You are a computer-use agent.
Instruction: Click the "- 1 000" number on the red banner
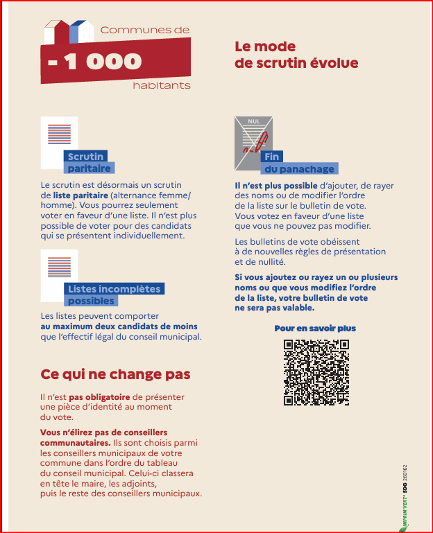[x=95, y=62]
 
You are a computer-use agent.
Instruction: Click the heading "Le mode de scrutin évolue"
[x=296, y=55]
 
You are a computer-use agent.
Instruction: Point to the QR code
[x=316, y=372]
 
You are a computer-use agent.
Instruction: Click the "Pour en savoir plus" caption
[x=315, y=328]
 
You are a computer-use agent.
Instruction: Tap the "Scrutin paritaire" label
[x=88, y=162]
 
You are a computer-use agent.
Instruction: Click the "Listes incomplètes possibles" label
[x=113, y=295]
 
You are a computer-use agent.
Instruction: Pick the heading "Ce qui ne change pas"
[x=115, y=374]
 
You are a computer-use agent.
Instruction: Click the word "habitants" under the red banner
[x=161, y=86]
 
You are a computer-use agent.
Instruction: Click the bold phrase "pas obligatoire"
[x=94, y=397]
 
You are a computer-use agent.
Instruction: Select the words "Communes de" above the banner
[x=144, y=30]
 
